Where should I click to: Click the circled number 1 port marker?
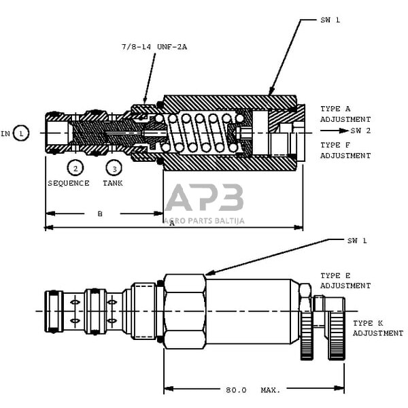point(21,133)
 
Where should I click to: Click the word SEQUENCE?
point(68,184)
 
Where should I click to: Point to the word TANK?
point(113,184)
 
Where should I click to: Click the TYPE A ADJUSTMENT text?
point(345,114)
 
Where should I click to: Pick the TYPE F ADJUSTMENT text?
point(345,150)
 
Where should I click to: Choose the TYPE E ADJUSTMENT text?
point(345,281)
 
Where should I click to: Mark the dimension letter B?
point(100,214)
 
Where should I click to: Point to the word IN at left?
point(6,133)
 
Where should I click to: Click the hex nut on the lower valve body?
point(184,311)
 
